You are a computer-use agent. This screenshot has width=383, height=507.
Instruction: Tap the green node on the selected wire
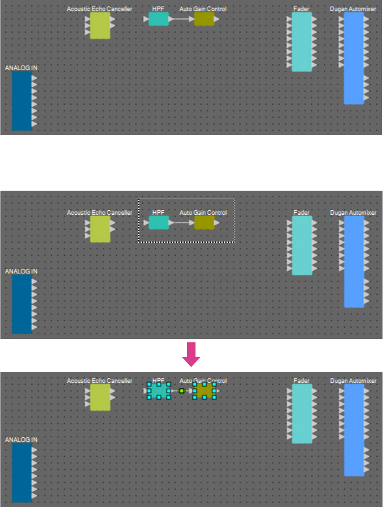pyautogui.click(x=181, y=391)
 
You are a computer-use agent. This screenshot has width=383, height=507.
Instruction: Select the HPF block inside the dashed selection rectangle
pyautogui.click(x=158, y=223)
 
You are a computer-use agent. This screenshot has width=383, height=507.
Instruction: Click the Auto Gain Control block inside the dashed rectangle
pyautogui.click(x=204, y=223)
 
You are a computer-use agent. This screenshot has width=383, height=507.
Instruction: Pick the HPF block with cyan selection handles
pyautogui.click(x=158, y=391)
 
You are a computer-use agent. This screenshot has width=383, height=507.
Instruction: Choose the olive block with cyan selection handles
pyautogui.click(x=204, y=391)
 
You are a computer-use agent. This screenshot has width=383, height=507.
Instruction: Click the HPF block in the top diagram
pyautogui.click(x=158, y=19)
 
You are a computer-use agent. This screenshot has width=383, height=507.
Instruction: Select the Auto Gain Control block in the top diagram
pyautogui.click(x=203, y=19)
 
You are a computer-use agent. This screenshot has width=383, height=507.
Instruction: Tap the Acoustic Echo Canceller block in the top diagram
pyautogui.click(x=100, y=26)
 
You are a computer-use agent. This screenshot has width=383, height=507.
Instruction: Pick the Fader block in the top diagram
pyautogui.click(x=301, y=42)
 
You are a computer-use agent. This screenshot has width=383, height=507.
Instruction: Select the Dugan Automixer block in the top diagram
pyautogui.click(x=353, y=58)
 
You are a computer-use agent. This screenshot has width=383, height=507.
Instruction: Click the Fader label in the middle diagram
pyautogui.click(x=301, y=213)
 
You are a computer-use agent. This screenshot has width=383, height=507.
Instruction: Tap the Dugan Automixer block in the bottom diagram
pyautogui.click(x=353, y=430)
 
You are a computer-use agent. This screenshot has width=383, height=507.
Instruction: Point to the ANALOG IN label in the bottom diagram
pyautogui.click(x=21, y=439)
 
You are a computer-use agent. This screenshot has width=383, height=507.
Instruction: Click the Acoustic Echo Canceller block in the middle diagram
pyautogui.click(x=100, y=229)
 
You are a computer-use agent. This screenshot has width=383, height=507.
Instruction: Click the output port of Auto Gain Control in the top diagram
pyautogui.click(x=216, y=19)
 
